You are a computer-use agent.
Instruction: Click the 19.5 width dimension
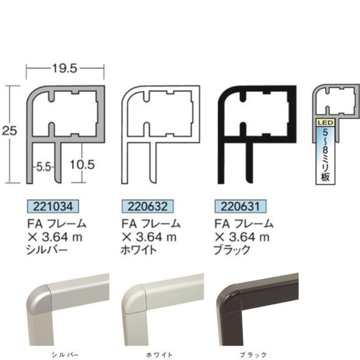[65, 68]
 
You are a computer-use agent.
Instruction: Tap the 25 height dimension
[10, 131]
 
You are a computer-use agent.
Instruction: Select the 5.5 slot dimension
[43, 167]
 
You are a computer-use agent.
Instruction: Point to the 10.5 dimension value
[82, 165]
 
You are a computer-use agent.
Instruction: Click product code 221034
[53, 206]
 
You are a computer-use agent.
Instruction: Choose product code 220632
[148, 206]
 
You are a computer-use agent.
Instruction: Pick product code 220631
[241, 206]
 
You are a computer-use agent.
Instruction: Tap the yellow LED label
[325, 123]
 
